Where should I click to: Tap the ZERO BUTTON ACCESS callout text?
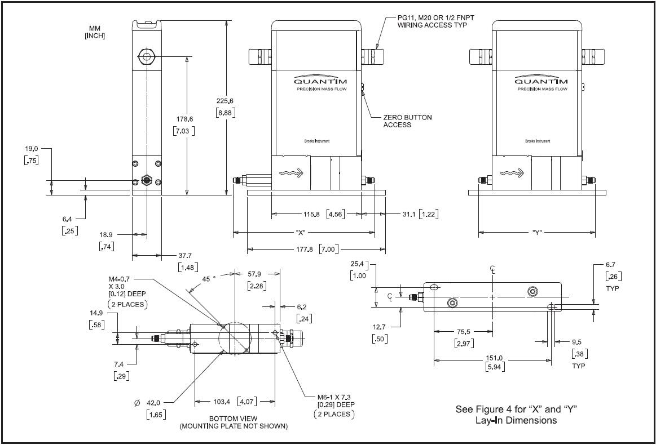click(407, 121)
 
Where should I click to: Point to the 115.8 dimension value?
click(312, 214)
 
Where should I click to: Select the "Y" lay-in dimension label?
click(536, 232)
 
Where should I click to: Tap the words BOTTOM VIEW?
click(234, 419)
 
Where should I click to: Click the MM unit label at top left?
click(95, 28)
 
